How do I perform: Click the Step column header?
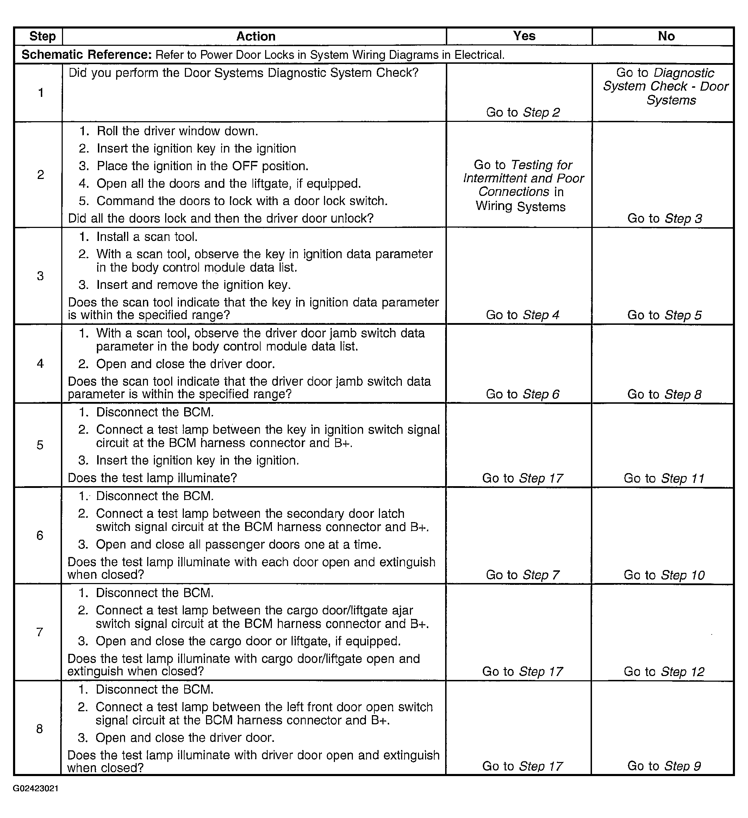(42, 37)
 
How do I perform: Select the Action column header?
(256, 37)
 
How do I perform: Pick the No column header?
(666, 37)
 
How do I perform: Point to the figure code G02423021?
(36, 788)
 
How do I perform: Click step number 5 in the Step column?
(40, 445)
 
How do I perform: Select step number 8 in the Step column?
(39, 729)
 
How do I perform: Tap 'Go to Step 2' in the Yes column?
(523, 112)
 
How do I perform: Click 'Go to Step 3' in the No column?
(665, 218)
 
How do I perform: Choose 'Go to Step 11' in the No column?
(664, 478)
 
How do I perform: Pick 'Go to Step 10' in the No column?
(664, 575)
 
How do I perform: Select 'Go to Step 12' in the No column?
(664, 671)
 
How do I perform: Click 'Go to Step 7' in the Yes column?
(523, 575)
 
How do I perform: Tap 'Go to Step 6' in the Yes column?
(523, 394)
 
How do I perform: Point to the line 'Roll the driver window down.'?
(177, 131)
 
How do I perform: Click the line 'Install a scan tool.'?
(147, 236)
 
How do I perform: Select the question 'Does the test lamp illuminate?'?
(152, 478)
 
